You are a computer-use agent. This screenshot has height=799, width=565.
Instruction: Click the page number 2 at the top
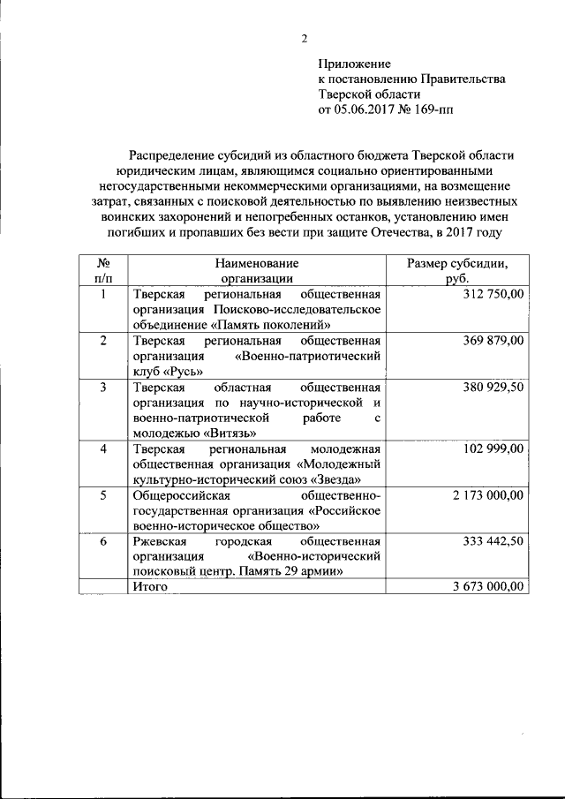coord(305,38)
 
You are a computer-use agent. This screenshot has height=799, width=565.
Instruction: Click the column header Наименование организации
coord(256,270)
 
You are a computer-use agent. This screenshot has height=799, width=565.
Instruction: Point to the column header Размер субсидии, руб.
coord(456,270)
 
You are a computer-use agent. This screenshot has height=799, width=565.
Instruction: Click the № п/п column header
coord(103,270)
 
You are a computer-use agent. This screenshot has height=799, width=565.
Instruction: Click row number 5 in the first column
coord(103,496)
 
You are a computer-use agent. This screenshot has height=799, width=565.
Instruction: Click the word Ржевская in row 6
coord(160,542)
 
